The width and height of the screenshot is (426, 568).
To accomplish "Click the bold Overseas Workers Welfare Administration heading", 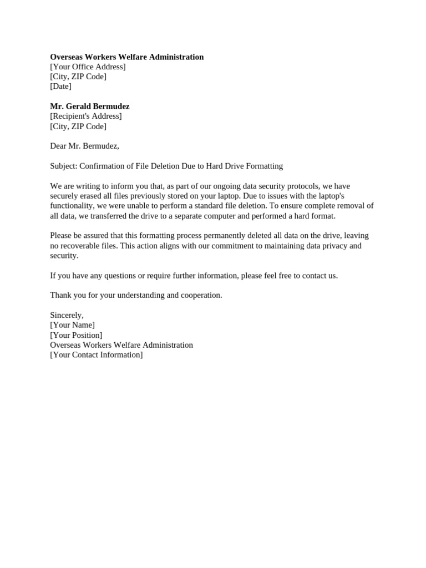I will coord(126,57).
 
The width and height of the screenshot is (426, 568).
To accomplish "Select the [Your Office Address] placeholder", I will coord(88,67).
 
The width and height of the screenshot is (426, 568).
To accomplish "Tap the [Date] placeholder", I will coord(60,87).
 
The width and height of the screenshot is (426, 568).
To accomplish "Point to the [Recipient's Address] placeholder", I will coord(85,116).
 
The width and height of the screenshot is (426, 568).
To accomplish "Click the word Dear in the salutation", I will coord(59,146).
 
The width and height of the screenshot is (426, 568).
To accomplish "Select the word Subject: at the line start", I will coord(64,166).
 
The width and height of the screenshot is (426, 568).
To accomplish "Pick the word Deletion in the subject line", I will coord(164,166).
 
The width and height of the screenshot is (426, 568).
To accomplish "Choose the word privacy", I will coord(331,246).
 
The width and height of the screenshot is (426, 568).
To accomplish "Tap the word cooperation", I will coord(200,295).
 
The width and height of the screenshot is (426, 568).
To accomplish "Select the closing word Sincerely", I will coord(67,315).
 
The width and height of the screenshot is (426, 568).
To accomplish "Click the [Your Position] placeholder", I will coord(76,335).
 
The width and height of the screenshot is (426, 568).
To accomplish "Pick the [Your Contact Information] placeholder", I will coord(96,355).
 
